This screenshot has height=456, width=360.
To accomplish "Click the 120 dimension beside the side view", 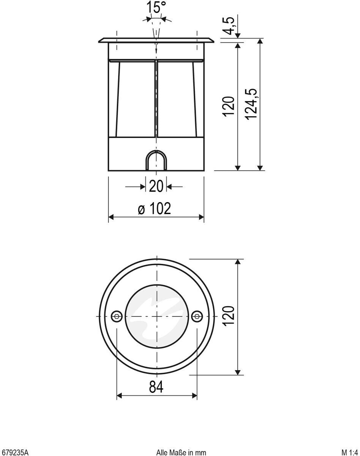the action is point(229,106).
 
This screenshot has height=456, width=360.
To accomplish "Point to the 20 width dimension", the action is point(156,186).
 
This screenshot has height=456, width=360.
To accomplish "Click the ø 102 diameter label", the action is point(154,209).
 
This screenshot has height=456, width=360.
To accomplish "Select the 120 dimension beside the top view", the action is point(229,316).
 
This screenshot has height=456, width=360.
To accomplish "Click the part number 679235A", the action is point(14,452).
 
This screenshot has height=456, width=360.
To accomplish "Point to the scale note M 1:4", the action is point(350,452).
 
